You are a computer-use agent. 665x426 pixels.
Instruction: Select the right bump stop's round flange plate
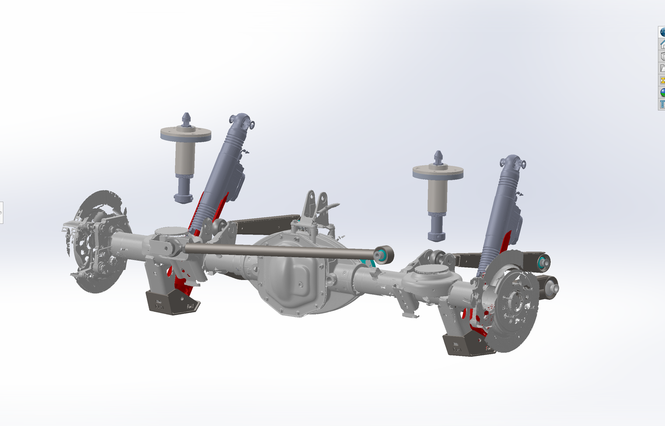click(x=438, y=172)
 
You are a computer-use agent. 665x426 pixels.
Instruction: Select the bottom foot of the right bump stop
click(x=436, y=236)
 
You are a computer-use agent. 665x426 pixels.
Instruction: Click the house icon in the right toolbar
click(x=662, y=44)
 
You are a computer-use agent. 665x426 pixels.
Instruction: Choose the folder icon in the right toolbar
click(x=662, y=68)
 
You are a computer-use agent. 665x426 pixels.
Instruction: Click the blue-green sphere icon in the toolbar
click(x=662, y=92)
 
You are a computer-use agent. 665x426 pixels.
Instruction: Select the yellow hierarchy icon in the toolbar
click(x=662, y=80)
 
